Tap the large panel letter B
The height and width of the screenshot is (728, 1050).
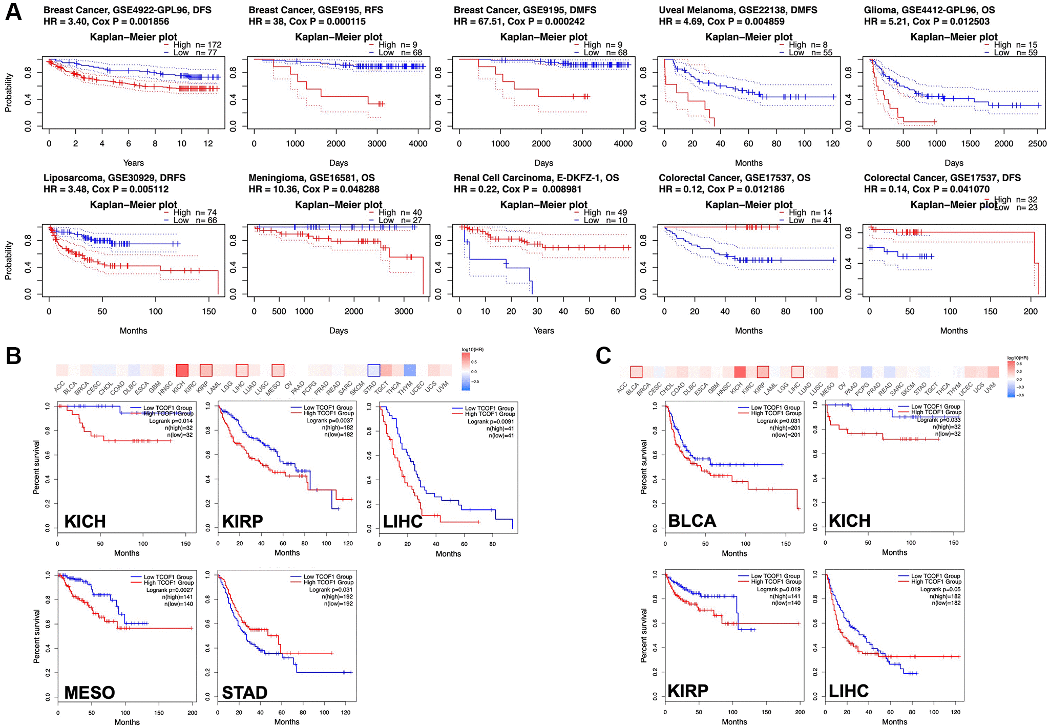13,355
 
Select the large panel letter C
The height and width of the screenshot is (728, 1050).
603,355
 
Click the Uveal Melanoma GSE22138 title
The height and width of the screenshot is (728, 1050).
738,10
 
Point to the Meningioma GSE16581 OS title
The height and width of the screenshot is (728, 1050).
311,178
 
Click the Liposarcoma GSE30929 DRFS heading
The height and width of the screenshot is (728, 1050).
114,178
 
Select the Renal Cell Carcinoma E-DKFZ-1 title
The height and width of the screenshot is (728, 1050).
536,178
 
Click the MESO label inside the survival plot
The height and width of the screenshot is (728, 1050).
89,693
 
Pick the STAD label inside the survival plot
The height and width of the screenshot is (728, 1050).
244,693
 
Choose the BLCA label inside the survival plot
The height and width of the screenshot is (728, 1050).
692,521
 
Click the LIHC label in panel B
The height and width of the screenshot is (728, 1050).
403,522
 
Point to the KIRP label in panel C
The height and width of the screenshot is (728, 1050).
687,691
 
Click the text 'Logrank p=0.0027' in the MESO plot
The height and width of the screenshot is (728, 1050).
170,590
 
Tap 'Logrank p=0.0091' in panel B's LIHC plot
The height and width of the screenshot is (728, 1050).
490,421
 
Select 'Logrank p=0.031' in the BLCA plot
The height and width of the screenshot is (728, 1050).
779,421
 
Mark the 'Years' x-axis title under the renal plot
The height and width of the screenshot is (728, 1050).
543,331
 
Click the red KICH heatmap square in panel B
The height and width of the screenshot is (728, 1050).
182,370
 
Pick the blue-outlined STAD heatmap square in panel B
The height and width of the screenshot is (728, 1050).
374,370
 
